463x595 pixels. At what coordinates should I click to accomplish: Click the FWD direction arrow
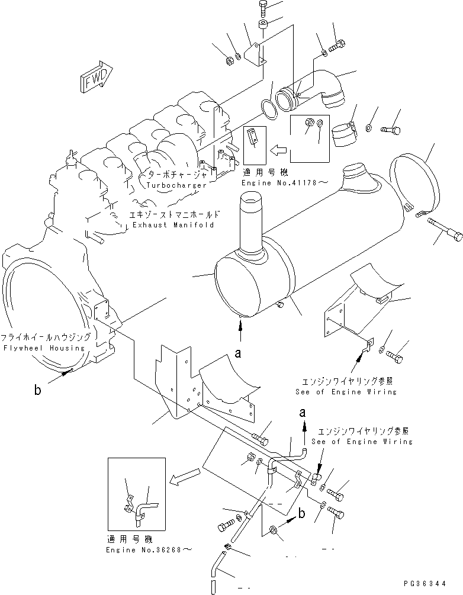tap(92, 76)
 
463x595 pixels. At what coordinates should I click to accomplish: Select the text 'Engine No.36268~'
tap(149, 550)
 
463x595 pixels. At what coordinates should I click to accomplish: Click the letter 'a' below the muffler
tap(239, 353)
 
